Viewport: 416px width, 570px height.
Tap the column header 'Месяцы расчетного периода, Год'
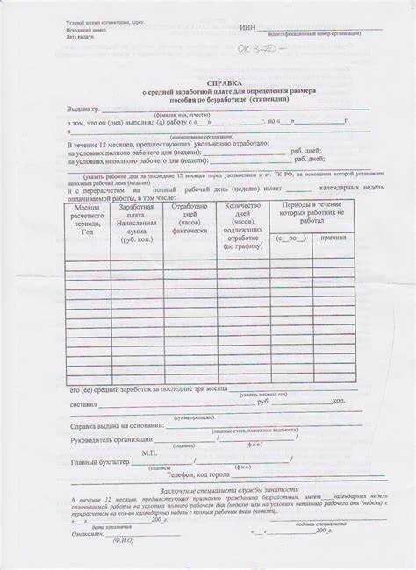(x=86, y=220)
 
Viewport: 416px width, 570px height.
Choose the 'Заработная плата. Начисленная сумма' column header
(x=136, y=222)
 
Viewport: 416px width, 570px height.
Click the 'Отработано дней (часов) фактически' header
(x=190, y=217)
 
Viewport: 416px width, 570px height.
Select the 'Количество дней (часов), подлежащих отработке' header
(x=243, y=226)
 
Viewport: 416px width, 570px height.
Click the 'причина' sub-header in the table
(x=334, y=239)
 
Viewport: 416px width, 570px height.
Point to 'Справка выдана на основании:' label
(x=117, y=425)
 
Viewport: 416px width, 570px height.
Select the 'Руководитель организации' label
(x=111, y=439)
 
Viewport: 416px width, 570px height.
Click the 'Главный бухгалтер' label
(x=99, y=461)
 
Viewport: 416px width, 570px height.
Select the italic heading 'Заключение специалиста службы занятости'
(x=230, y=490)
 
